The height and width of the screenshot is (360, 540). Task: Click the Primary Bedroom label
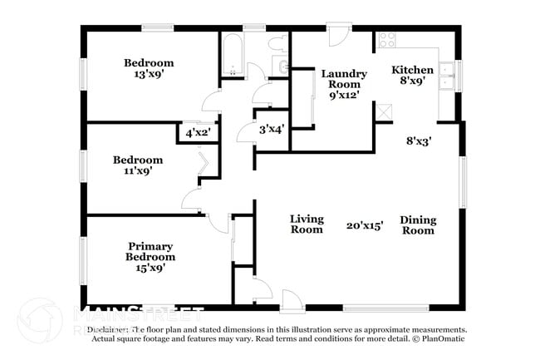pos(150,251)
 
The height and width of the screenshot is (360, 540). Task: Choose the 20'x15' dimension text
pos(366,225)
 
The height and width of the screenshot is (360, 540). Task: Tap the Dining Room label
pos(418,224)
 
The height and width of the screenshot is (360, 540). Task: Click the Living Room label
pos(306,224)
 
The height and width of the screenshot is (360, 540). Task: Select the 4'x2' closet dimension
pos(198,132)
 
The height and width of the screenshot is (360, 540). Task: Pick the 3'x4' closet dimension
pos(272,129)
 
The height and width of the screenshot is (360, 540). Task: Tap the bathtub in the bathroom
pos(231,56)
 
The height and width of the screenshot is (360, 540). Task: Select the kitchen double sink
pos(447,74)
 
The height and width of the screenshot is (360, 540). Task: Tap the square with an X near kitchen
pos(383,111)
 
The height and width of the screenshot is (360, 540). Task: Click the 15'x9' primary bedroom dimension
pos(150,268)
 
